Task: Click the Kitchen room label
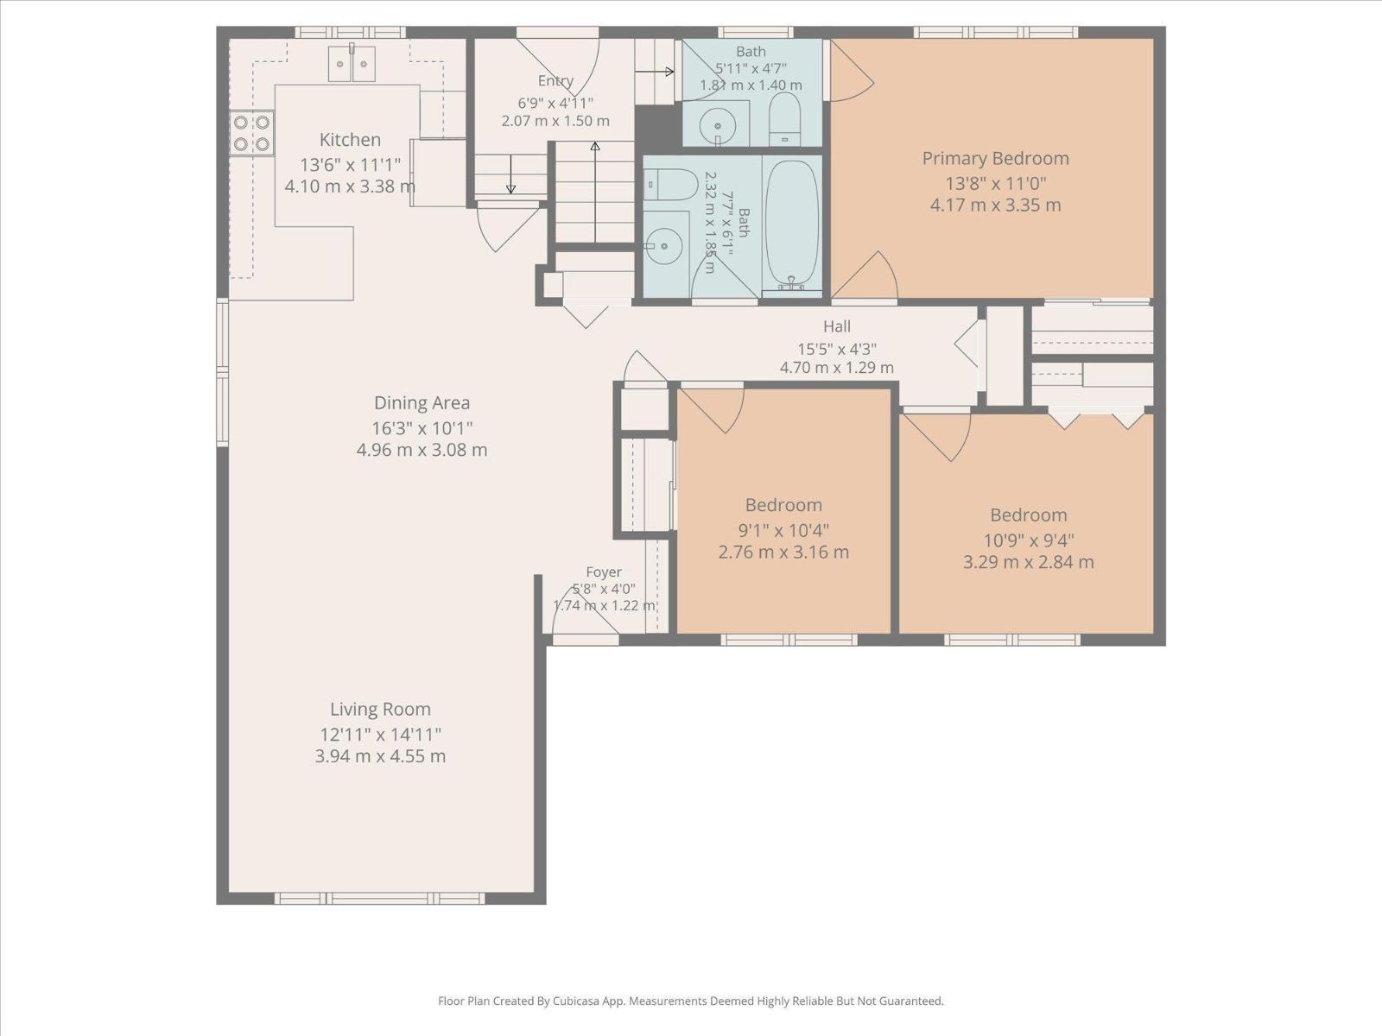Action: pos(350,140)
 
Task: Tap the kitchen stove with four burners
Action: pos(252,133)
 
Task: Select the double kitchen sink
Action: pos(352,64)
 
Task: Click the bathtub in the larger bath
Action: pos(792,225)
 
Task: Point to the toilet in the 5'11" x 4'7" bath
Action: pos(784,118)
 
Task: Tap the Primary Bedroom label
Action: pos(995,159)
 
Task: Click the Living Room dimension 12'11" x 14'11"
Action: pos(380,734)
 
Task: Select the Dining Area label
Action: pos(422,402)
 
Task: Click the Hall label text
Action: pos(837,326)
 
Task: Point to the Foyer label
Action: pos(604,572)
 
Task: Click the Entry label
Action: pos(555,80)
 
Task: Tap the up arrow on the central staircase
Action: pos(595,192)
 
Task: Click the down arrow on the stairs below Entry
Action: pos(510,174)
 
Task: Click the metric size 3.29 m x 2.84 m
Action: pos(1028,562)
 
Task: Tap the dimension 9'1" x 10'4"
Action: pos(783,530)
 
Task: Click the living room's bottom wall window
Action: pos(380,898)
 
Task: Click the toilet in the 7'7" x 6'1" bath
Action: pos(671,184)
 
